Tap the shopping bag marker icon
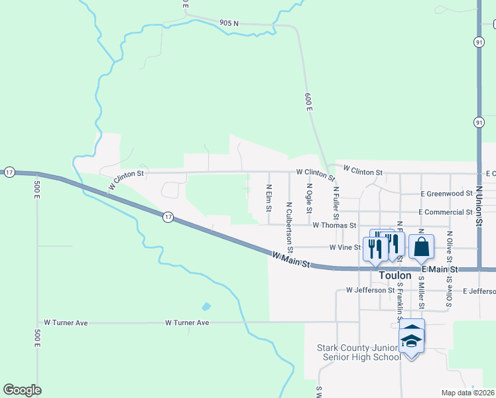422,247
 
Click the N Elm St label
269,198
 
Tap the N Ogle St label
309,200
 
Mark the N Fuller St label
336,203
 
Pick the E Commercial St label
446,212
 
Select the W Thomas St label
336,226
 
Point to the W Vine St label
345,247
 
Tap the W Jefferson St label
371,291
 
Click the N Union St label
478,206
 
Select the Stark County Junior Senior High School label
359,352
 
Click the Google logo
22,390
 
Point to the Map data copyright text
468,393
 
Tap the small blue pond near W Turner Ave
206,306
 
